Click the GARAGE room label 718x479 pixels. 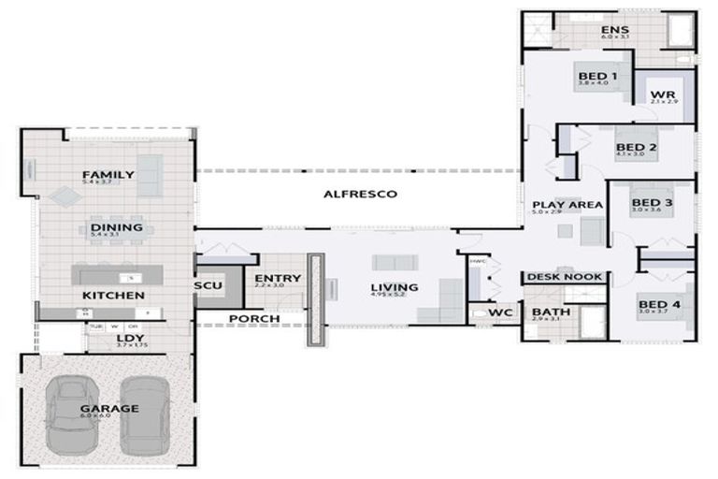coord(108,408)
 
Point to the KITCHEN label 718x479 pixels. coord(112,296)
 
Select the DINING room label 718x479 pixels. coord(116,227)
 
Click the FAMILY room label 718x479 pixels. coord(108,175)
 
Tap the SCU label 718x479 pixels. coord(207,285)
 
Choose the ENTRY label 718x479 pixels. coord(278,278)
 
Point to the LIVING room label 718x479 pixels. coord(394,287)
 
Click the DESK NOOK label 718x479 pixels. coord(565,278)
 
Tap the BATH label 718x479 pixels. coord(548,312)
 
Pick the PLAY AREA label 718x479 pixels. coord(567,205)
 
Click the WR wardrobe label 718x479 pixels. coord(663,95)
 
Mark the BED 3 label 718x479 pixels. coord(652,202)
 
